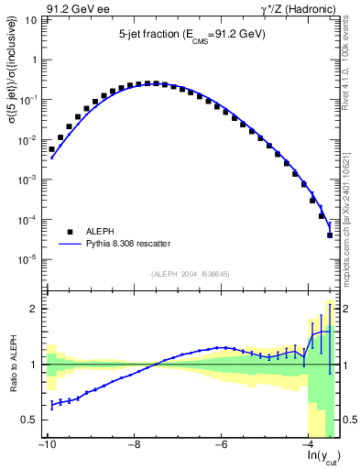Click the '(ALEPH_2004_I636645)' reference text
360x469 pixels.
[x=191, y=273]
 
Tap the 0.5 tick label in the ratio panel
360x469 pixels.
[x=28, y=420]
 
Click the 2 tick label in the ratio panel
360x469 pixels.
[x=33, y=309]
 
